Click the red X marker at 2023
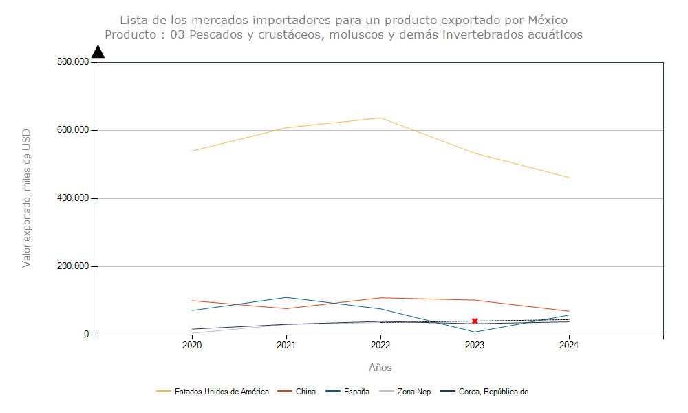pos(475,321)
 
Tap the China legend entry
pos(305,392)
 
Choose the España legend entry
pos(356,392)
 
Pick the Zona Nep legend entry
pos(414,392)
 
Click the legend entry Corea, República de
pos(493,392)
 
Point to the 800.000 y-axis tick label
pos(73,62)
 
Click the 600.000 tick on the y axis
pos(73,130)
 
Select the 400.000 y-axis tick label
pos(73,198)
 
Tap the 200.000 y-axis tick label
pos(73,266)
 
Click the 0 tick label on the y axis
pos(87,335)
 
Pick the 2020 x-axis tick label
pos(192,346)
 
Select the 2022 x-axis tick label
pos(380,346)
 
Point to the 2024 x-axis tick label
pos(568,346)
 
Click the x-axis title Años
pos(380,368)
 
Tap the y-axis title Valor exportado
pos(27,198)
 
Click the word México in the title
pos(548,20)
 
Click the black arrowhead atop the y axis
pos(98,52)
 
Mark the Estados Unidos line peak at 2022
pos(380,118)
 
